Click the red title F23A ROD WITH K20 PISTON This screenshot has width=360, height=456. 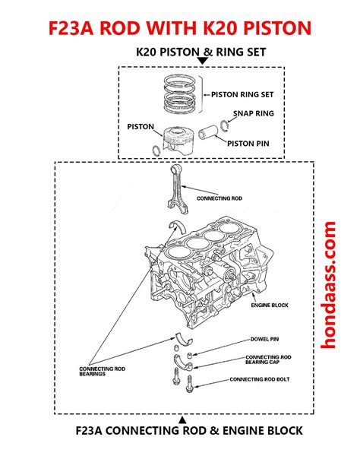click(x=180, y=28)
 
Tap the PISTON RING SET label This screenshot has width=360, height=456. click(x=242, y=95)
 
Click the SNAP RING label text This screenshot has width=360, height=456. click(x=254, y=113)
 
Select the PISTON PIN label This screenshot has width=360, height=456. click(x=248, y=144)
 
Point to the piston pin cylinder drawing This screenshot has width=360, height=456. click(x=208, y=132)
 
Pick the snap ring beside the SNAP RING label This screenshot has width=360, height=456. click(x=224, y=125)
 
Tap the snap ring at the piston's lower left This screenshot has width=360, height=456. click(x=156, y=150)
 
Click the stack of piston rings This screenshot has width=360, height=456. click(x=179, y=94)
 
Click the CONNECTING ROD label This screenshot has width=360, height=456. click(x=219, y=198)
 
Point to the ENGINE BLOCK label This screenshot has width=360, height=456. click(x=270, y=305)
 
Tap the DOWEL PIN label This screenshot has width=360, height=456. click(x=264, y=339)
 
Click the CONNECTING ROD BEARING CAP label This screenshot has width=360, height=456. click(x=268, y=359)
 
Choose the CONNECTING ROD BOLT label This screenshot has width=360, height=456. click(x=260, y=379)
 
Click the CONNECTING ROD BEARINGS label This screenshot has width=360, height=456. click(x=103, y=371)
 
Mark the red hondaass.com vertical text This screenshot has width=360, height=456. click(x=328, y=285)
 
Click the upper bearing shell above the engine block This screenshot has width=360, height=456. click(x=177, y=226)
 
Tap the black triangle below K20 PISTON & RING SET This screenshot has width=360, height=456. click(x=203, y=61)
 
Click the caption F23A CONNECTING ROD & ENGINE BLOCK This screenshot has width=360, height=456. click(x=189, y=430)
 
